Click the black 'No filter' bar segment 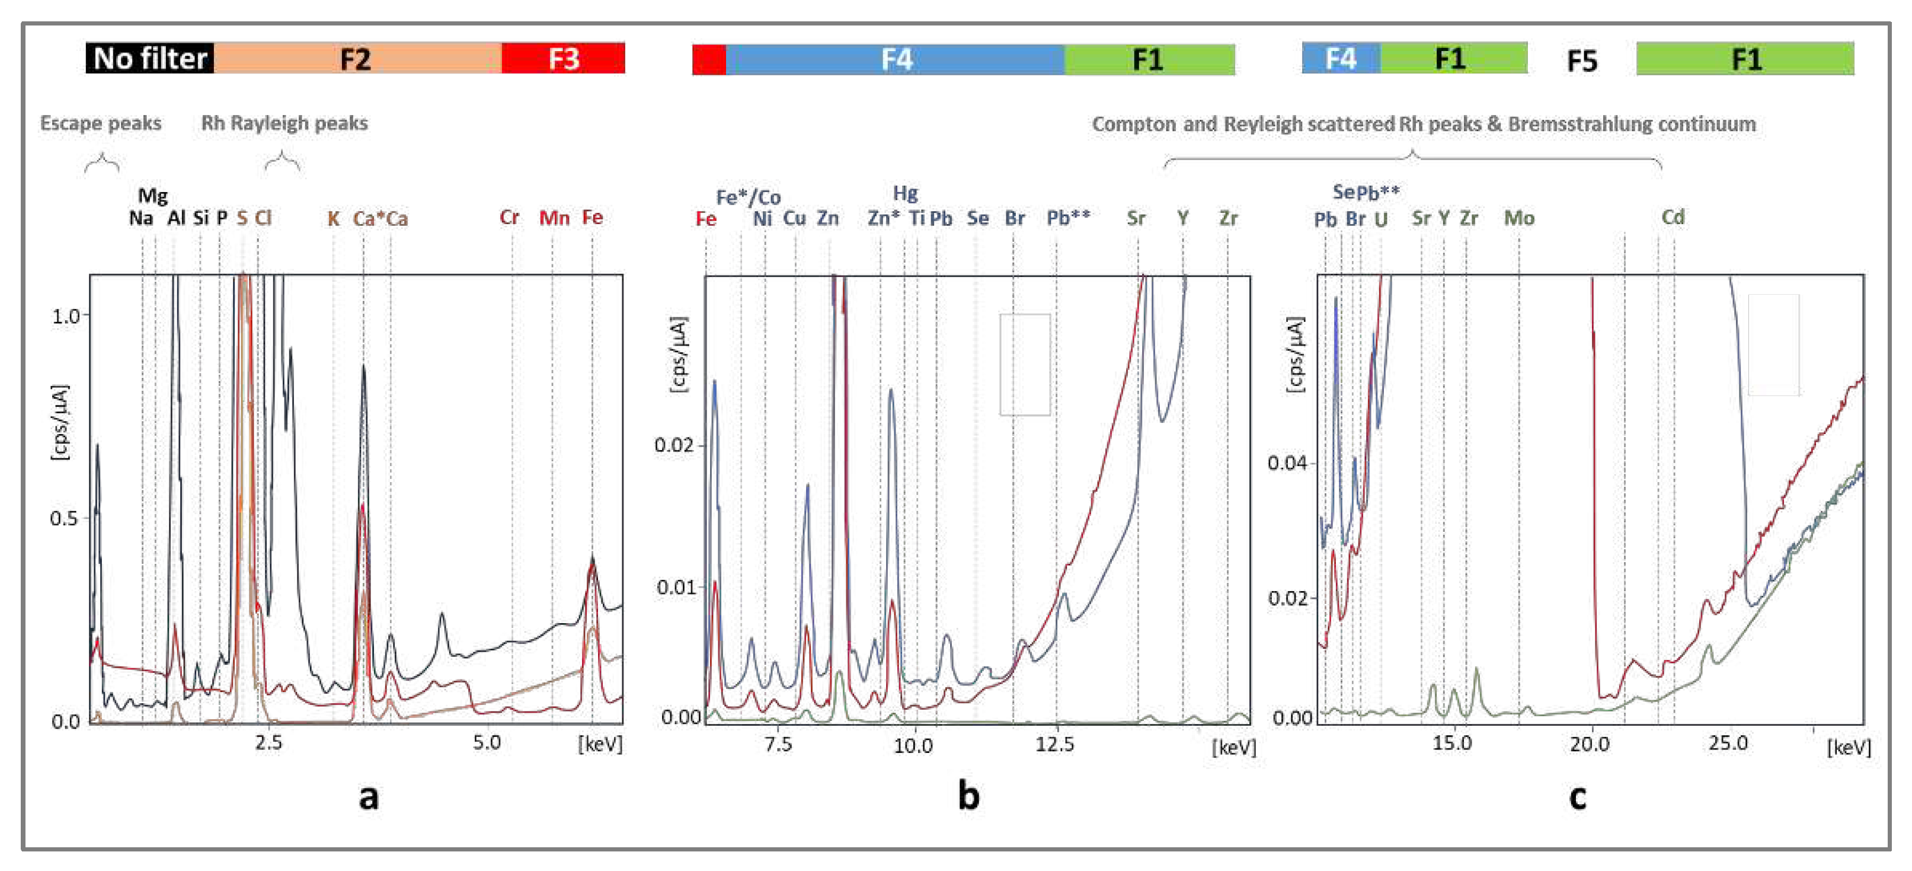[150, 58]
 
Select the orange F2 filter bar [357, 58]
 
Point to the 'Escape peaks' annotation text [101, 123]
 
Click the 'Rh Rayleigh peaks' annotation [284, 123]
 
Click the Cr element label [509, 218]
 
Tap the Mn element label [554, 218]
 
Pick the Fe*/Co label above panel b [748, 197]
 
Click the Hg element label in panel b [905, 194]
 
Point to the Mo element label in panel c [1518, 218]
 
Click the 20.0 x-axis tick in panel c [1589, 744]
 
